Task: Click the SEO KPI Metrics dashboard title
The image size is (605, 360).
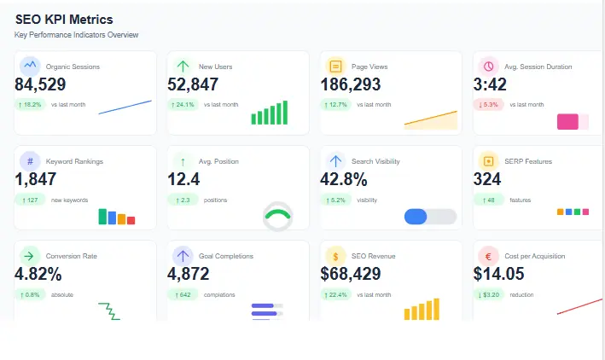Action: coord(64,19)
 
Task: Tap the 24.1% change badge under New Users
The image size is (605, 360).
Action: coord(183,104)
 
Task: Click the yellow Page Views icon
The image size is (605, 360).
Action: coord(335,66)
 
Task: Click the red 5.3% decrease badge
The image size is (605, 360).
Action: coord(489,104)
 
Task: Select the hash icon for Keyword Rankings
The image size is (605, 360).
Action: coord(30,160)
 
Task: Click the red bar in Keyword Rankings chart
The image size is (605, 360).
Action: coord(131,220)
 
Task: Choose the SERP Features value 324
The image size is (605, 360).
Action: coord(487,179)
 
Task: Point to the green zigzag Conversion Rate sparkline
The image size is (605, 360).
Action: coord(109,311)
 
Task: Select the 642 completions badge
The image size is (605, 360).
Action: coord(183,294)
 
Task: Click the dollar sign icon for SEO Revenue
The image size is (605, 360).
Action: coord(335,256)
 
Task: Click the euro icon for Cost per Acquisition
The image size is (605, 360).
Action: coord(488,256)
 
